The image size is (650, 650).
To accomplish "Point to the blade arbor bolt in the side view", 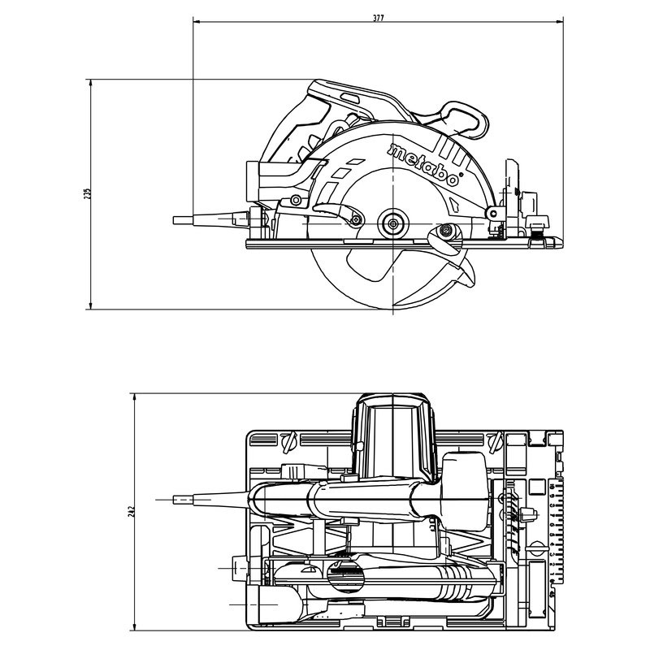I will click(x=393, y=222).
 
